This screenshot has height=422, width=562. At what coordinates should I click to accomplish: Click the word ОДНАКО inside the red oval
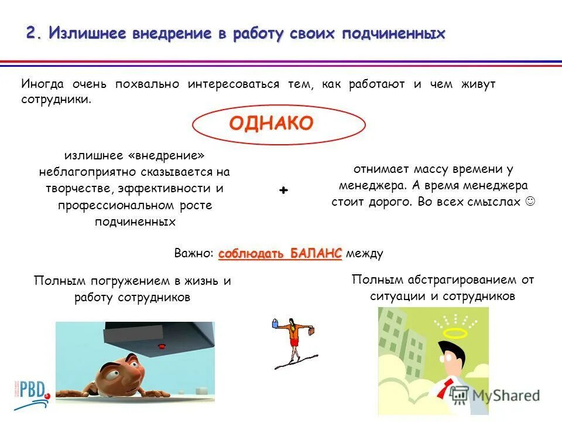[x=271, y=123]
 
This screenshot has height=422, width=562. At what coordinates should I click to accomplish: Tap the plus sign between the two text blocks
[x=284, y=191]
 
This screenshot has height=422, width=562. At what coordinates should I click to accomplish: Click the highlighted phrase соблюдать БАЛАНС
[x=280, y=253]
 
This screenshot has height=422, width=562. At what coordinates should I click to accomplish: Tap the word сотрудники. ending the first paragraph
[x=57, y=100]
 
